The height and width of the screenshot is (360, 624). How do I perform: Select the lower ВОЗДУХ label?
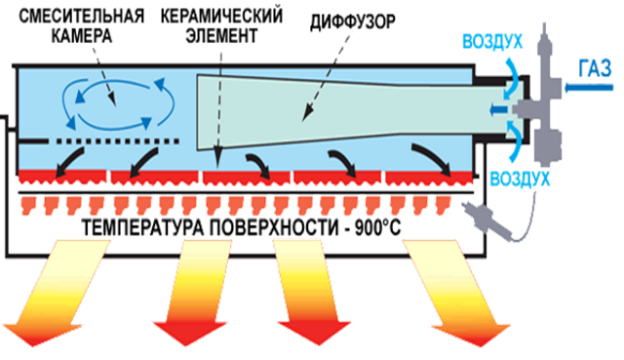[520, 180]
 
